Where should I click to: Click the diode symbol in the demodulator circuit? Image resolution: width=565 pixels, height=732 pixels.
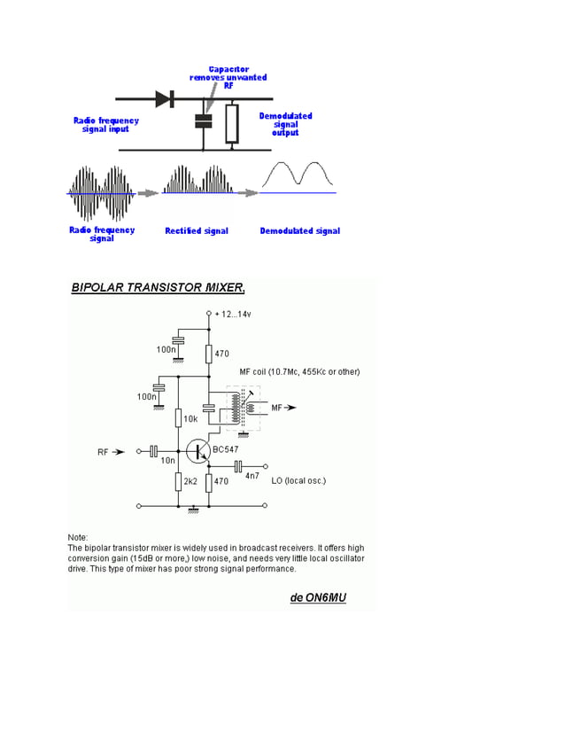tap(164, 99)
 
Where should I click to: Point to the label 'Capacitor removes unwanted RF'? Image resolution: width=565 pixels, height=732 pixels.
tap(228, 78)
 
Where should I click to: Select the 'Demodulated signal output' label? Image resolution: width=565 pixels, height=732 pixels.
tap(285, 124)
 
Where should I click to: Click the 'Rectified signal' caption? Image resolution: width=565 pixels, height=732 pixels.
tap(197, 231)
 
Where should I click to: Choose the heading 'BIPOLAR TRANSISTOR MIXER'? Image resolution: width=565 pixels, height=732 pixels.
tap(158, 287)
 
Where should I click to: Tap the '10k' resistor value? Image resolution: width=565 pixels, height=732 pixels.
tap(190, 417)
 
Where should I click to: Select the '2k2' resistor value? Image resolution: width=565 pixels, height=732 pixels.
tap(190, 481)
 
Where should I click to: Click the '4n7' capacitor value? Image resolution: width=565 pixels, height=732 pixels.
tap(252, 476)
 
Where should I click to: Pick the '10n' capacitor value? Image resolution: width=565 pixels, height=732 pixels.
tap(167, 461)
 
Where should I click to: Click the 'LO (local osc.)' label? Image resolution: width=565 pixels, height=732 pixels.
tap(298, 480)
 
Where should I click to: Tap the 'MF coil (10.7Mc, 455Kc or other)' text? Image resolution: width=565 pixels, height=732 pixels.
tap(299, 371)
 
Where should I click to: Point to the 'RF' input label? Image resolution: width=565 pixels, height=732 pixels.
tap(103, 452)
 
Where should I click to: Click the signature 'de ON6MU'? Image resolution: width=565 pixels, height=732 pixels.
tap(318, 597)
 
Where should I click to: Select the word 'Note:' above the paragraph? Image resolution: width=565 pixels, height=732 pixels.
tap(78, 537)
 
